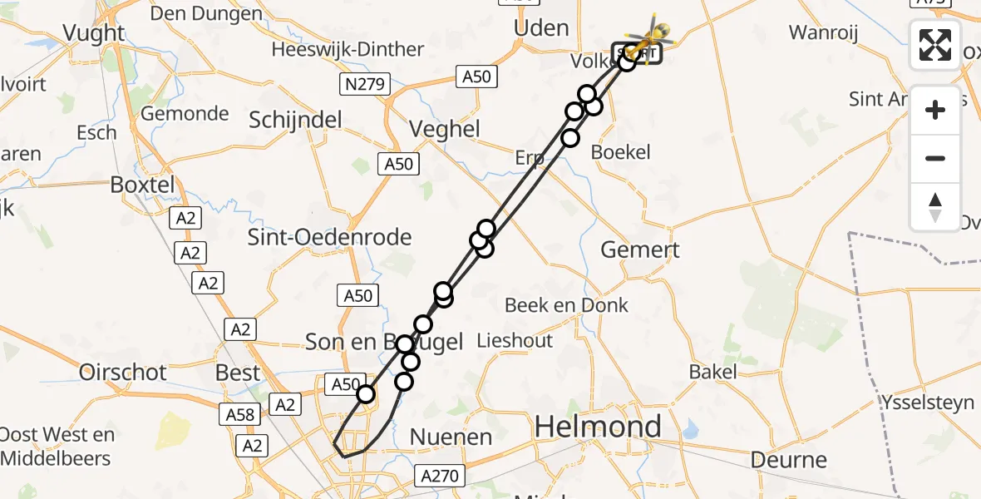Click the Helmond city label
pyautogui.click(x=598, y=427)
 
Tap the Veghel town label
pyautogui.click(x=445, y=129)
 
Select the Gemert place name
pyautogui.click(x=640, y=249)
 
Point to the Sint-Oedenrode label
pyautogui.click(x=330, y=237)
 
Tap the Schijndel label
pyautogui.click(x=296, y=120)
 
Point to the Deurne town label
pyautogui.click(x=789, y=459)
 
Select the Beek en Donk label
pyautogui.click(x=567, y=305)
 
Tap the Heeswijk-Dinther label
pyautogui.click(x=348, y=50)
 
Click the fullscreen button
pyautogui.click(x=935, y=45)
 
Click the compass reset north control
pyautogui.click(x=935, y=207)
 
